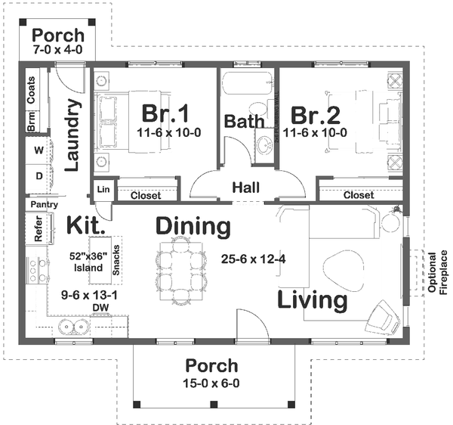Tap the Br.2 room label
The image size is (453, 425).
pos(316,115)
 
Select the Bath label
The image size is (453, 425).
pos(244,121)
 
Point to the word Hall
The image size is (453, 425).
pos(247,187)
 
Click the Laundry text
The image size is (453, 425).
pos(72,135)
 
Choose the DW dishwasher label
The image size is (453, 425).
pos(100,307)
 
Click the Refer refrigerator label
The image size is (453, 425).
pos(39,229)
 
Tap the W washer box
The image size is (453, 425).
pos(38,150)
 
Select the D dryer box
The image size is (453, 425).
pos(38,176)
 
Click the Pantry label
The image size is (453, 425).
pos(39,204)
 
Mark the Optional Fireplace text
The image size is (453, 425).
pos(437,272)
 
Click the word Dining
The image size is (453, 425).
pos(193,225)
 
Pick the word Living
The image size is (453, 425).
pos(313,300)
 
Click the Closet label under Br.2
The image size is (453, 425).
pos(358,195)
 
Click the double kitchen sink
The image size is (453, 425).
pos(72,327)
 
